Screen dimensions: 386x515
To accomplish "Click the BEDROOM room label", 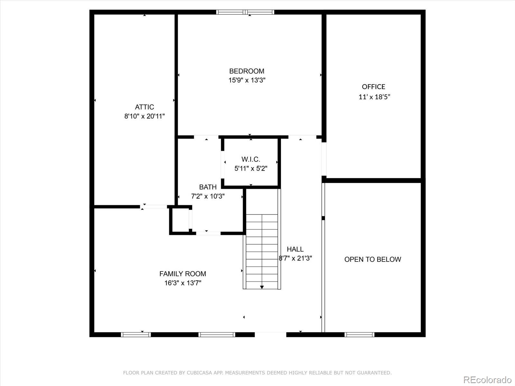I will point(247,71).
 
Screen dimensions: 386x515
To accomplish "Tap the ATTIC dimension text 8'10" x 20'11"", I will point(145,116).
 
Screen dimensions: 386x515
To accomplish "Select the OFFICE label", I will point(373,87).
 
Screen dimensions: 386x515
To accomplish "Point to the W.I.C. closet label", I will point(251,159).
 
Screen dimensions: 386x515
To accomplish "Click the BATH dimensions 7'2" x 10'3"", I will point(208,196).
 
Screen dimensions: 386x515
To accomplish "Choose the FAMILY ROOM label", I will point(183,274).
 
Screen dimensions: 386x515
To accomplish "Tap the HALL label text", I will point(295,249).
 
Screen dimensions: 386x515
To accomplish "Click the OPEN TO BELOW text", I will point(372,259).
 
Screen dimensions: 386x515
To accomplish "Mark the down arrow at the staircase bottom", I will point(262,287).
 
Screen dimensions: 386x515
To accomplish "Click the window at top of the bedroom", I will point(245,12).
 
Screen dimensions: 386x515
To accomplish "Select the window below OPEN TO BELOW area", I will point(359,335).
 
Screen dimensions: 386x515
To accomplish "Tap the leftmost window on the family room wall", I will point(136,335).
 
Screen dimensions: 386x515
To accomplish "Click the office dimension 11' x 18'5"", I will point(374,97).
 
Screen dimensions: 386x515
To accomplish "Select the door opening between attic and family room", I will point(154,207).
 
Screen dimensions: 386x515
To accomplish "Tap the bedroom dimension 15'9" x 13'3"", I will point(247,80).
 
